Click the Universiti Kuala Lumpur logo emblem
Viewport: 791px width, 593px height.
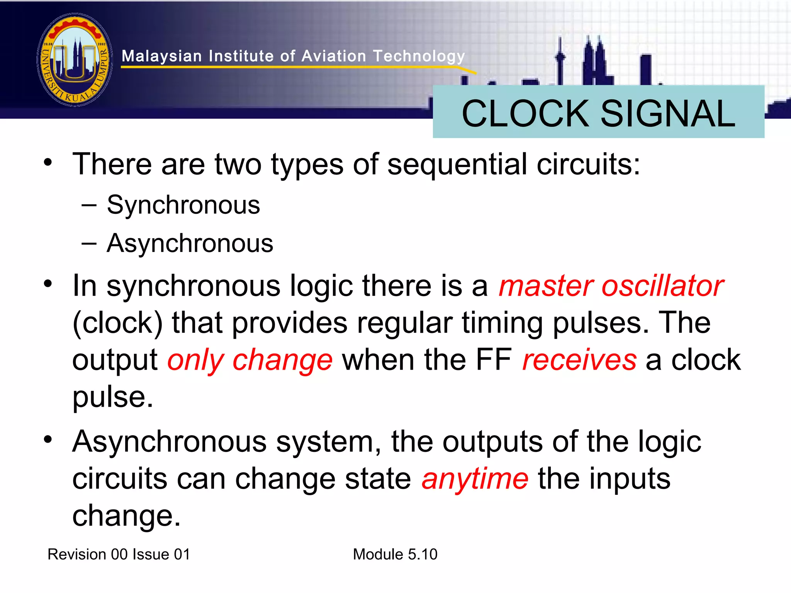[75, 60]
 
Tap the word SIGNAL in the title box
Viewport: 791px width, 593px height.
[668, 114]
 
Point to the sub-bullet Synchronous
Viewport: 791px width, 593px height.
[183, 205]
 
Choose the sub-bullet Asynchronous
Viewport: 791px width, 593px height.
[190, 244]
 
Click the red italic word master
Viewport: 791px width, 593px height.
[545, 286]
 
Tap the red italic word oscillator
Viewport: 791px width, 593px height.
[663, 286]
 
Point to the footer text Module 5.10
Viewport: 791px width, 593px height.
[395, 554]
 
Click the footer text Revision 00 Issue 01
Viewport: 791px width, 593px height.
[119, 554]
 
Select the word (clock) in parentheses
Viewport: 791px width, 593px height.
[117, 323]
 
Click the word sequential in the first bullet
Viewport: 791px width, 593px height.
[457, 165]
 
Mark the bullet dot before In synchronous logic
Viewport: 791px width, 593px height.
[48, 284]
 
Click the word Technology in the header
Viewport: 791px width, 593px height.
[419, 56]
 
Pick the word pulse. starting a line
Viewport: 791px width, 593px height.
[113, 397]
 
